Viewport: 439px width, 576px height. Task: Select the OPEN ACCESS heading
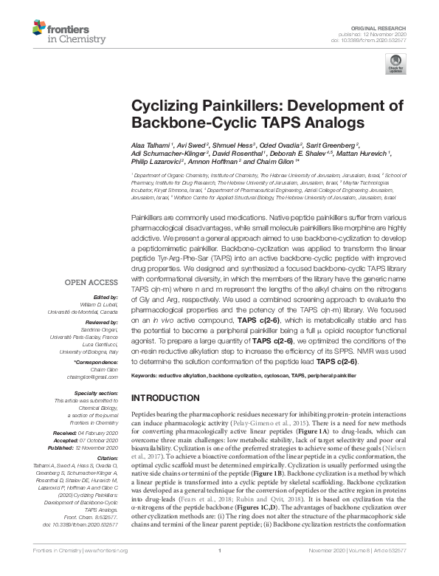[91, 282]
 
